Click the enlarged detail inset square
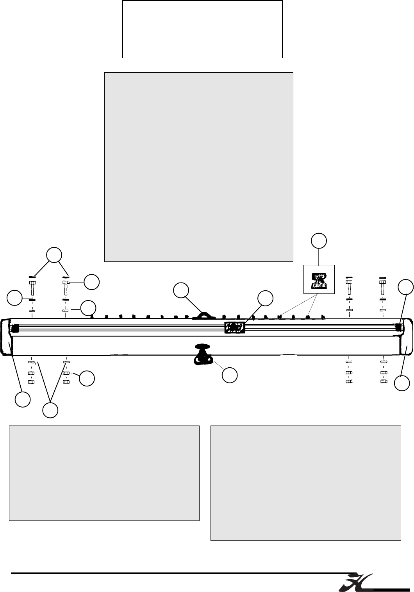point(319,279)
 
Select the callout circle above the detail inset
point(319,241)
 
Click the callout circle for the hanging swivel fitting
point(230,375)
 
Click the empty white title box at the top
point(202,29)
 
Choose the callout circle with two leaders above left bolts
point(54,254)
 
